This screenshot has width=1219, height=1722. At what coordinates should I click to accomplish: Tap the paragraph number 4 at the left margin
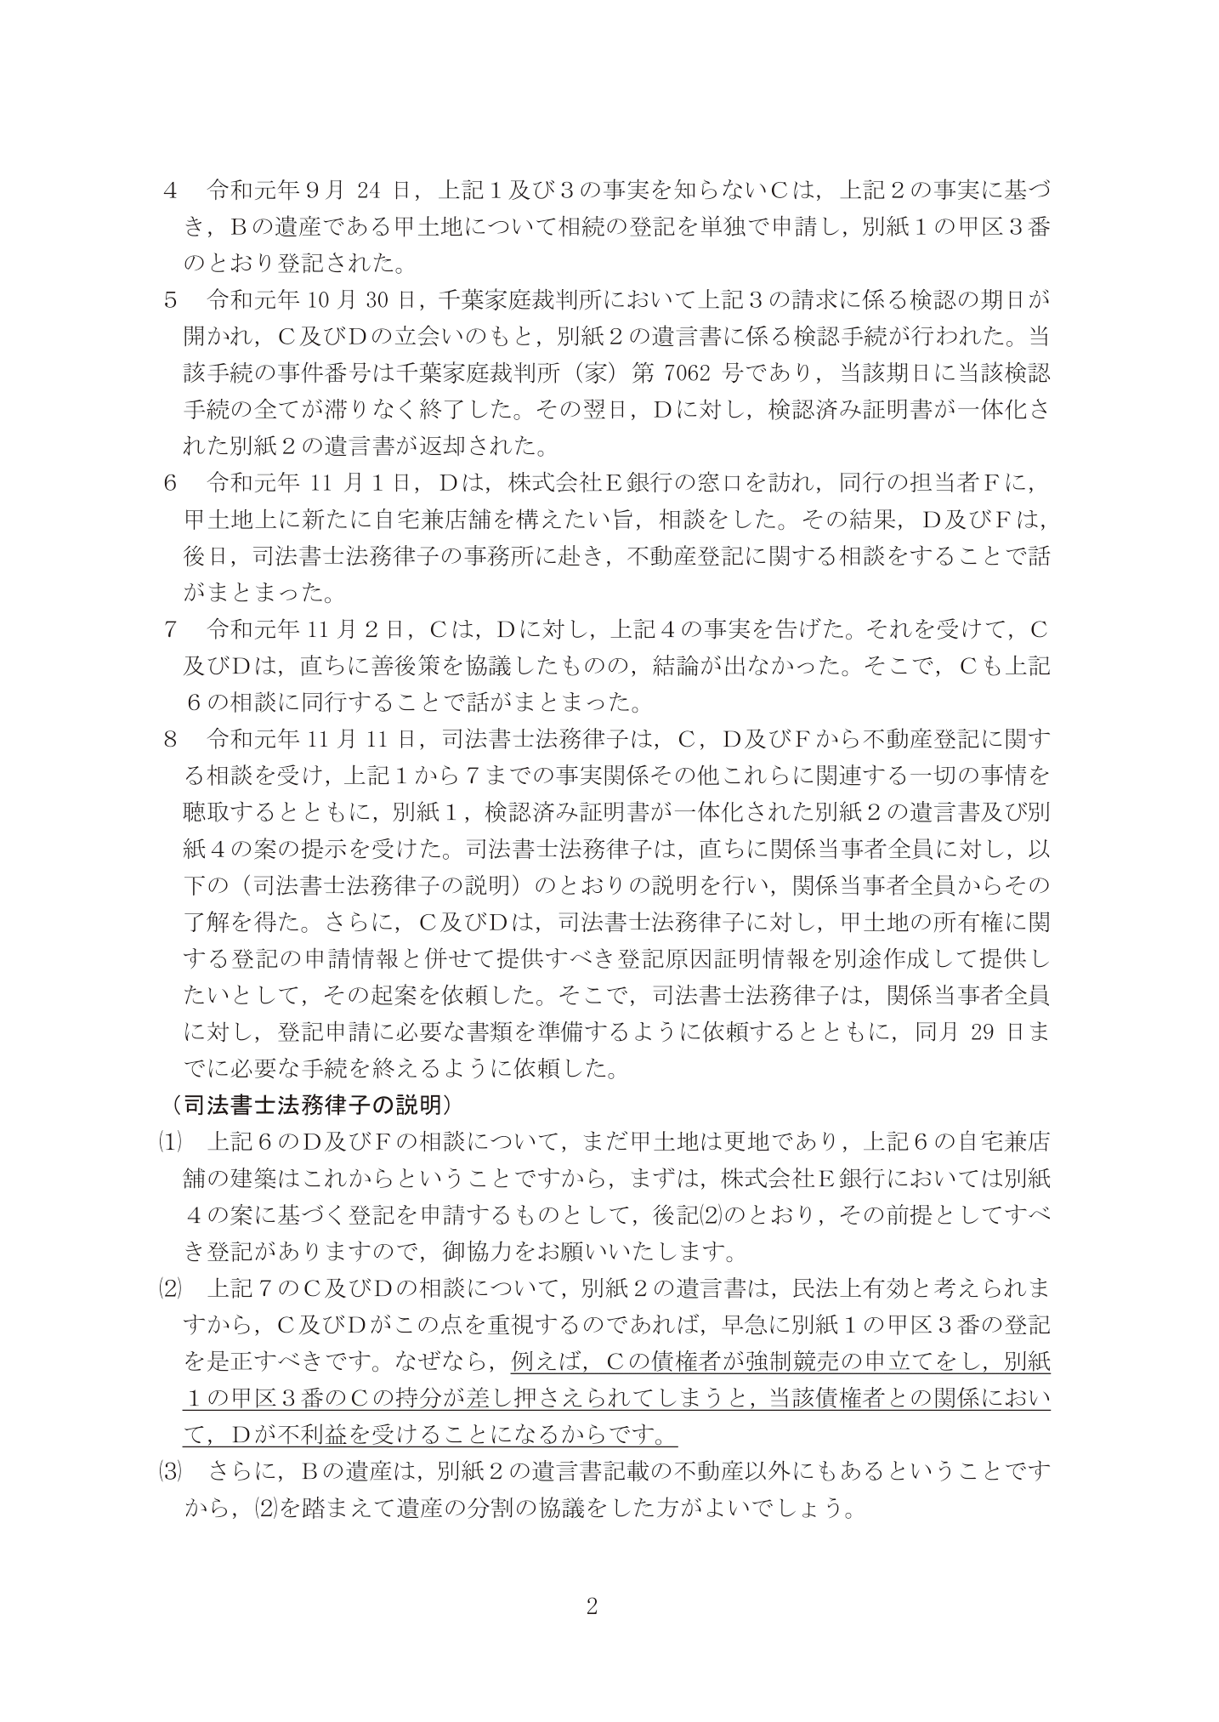click(x=169, y=189)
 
